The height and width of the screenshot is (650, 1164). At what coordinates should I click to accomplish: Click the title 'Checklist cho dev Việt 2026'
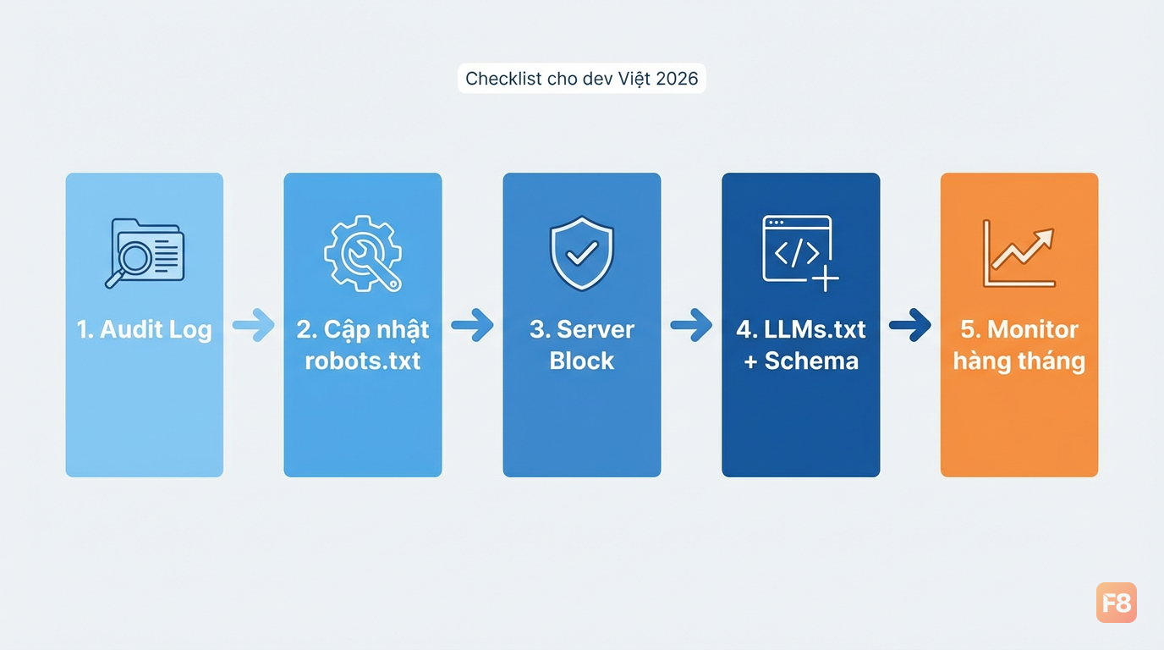(581, 79)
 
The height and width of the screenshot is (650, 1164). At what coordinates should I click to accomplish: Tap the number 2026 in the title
(677, 79)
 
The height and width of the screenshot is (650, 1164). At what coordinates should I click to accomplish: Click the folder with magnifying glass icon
(145, 253)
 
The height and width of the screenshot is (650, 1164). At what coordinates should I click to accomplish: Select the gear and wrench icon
(363, 253)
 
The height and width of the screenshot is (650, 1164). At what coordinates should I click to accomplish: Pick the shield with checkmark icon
(581, 253)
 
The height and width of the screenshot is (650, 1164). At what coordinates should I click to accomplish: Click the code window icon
(800, 253)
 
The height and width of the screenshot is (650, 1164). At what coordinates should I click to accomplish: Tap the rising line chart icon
(1019, 253)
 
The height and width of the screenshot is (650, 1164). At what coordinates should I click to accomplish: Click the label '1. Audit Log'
(145, 330)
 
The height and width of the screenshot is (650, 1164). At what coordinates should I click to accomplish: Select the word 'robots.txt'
(363, 361)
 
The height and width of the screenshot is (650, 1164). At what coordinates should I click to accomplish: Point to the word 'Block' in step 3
(581, 361)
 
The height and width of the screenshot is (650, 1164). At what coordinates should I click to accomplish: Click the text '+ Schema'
(801, 361)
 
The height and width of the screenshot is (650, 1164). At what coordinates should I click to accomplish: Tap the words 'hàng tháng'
(1019, 361)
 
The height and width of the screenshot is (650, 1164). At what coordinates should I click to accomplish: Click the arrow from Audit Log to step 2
(254, 325)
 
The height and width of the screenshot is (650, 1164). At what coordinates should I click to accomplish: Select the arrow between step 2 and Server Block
(472, 325)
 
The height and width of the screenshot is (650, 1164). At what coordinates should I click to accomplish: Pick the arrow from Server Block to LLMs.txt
(691, 325)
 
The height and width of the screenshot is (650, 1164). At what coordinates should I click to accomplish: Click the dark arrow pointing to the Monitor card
(910, 325)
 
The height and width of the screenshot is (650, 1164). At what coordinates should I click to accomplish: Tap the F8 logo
(1116, 603)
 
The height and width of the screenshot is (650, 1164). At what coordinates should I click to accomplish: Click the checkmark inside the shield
(582, 253)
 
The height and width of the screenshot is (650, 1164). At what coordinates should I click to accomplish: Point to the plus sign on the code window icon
(825, 278)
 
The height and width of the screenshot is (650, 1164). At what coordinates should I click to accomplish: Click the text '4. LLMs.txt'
(801, 330)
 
